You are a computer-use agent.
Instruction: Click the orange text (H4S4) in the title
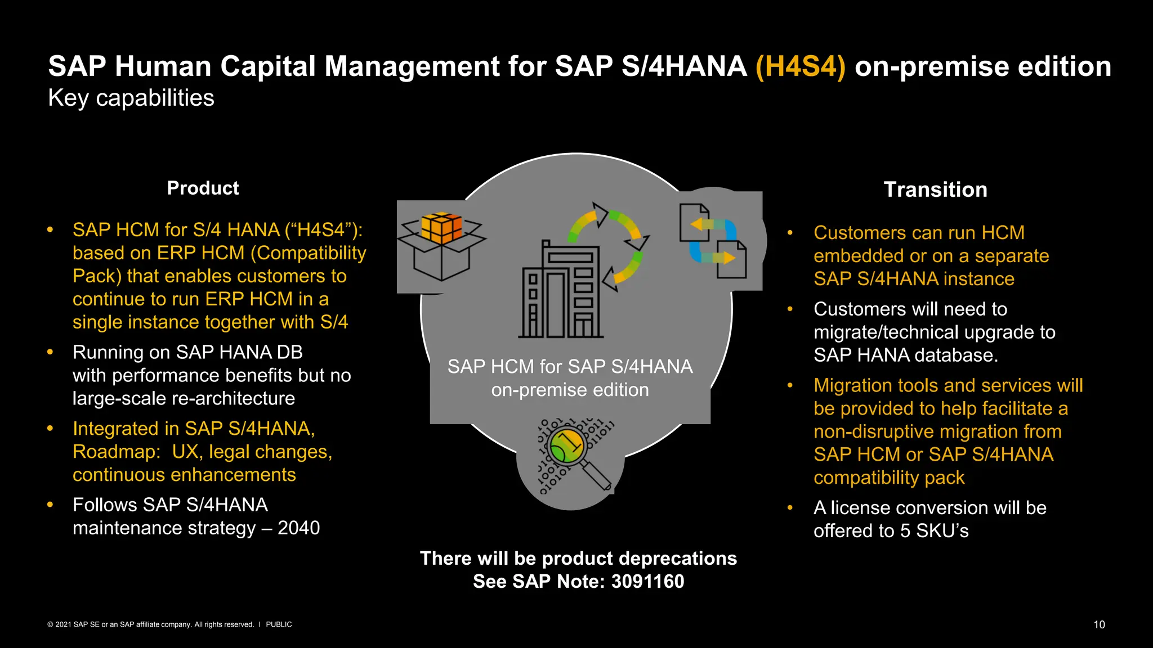[x=800, y=66]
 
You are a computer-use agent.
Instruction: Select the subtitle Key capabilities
[x=131, y=98]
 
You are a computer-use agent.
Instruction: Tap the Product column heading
[x=203, y=188]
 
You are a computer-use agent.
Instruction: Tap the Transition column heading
[x=935, y=190]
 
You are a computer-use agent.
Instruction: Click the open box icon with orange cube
[x=441, y=246]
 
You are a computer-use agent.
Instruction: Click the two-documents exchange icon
[x=713, y=241]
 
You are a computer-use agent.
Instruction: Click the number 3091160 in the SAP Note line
[x=647, y=581]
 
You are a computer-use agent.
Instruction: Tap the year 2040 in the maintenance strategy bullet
[x=298, y=528]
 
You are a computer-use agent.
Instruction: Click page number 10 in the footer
[x=1099, y=624]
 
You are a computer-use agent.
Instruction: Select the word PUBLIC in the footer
[x=279, y=624]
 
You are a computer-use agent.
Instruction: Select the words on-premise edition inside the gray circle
[x=570, y=390]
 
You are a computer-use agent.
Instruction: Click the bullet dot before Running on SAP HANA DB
[x=50, y=352]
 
